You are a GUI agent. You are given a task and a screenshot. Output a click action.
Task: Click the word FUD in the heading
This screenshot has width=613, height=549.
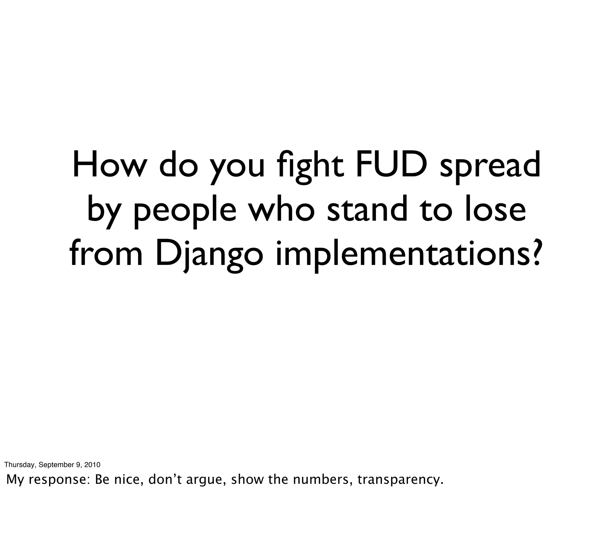tap(394, 165)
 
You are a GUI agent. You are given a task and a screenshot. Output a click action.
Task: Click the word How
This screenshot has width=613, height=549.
tap(107, 165)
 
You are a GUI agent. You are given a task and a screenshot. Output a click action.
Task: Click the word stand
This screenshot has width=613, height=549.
tap(367, 210)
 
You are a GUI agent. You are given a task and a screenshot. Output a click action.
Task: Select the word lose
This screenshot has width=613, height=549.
tap(495, 210)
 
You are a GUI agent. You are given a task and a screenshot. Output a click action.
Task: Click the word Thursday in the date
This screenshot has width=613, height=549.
tap(20, 465)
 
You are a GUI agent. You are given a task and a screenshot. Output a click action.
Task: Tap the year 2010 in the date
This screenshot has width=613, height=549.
tap(92, 465)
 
